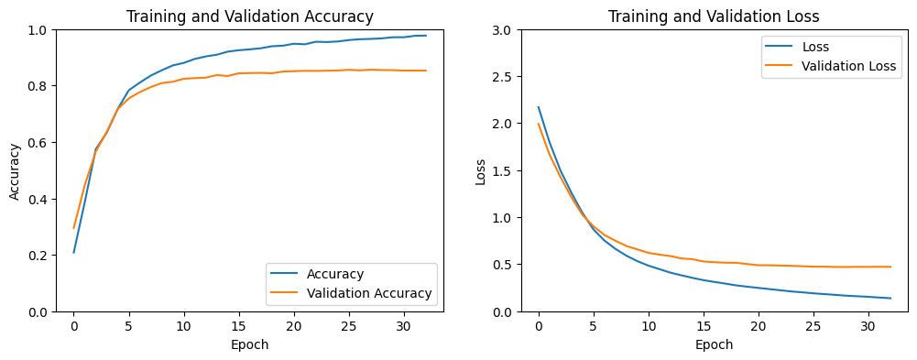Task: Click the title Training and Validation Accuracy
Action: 250,16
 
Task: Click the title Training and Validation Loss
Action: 715,16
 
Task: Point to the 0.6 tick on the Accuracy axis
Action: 38,143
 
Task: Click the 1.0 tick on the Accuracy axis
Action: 38,30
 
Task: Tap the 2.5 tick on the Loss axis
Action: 503,77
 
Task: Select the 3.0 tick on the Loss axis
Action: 503,30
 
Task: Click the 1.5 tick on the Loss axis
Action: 503,171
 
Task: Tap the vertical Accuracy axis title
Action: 15,170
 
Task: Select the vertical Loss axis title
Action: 480,170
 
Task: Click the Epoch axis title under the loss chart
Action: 715,344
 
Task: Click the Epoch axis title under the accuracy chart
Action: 250,344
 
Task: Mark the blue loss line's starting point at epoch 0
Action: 539,107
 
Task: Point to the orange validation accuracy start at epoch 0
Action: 74,228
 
